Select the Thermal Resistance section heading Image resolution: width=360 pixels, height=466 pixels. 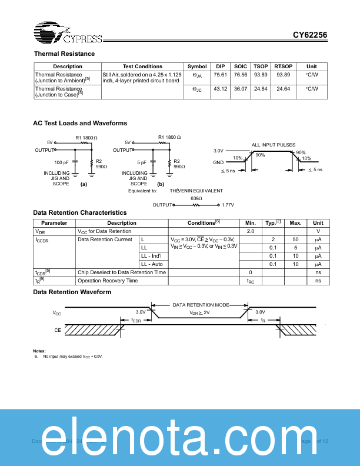click(64, 54)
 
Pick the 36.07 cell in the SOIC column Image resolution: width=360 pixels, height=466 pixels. click(240, 89)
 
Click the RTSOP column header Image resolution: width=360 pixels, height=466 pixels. click(283, 66)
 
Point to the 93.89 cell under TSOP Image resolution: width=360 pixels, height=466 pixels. click(261, 75)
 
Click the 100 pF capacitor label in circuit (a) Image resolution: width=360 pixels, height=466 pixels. click(62, 162)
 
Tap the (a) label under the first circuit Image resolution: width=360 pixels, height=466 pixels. click(84, 184)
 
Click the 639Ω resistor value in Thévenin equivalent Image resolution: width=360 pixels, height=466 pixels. click(196, 198)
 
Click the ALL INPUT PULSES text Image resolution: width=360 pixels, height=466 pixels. click(274, 145)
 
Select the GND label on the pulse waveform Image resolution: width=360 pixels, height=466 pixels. click(218, 162)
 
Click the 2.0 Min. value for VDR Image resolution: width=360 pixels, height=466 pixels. click(251, 231)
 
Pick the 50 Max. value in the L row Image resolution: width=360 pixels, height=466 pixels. click(295, 239)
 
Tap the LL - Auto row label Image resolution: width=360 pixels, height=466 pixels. click(152, 264)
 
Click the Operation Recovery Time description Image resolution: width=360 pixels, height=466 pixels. click(108, 281)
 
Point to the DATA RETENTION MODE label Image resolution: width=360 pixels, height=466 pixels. click(201, 305)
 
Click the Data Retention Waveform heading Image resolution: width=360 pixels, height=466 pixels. click(72, 292)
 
